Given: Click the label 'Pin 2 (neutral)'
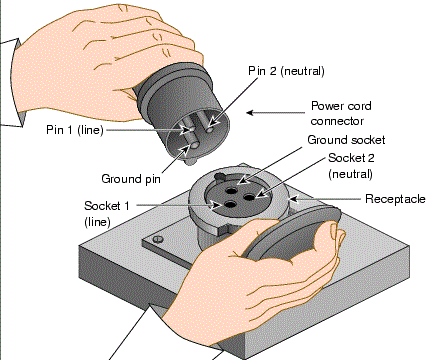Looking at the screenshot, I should tap(288, 71).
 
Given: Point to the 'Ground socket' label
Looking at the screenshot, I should tap(346, 140).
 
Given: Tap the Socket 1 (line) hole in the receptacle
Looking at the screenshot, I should tap(231, 205).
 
